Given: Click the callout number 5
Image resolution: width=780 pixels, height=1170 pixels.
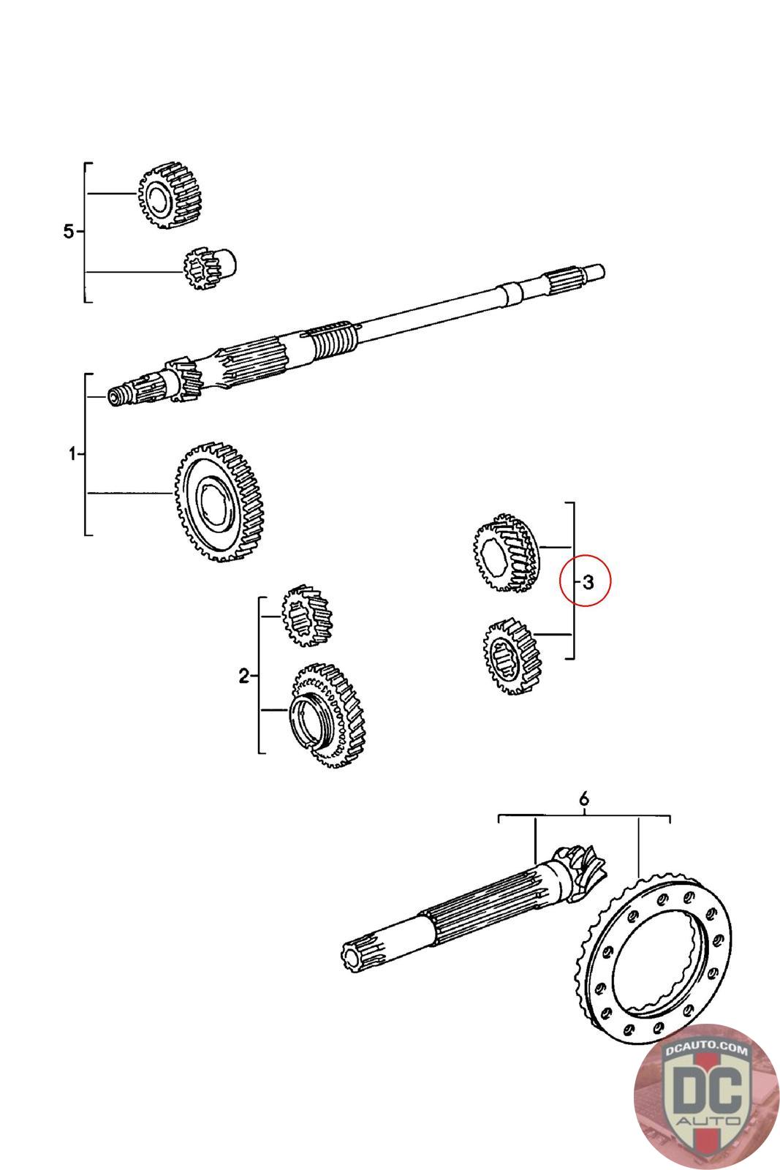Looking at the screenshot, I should [68, 232].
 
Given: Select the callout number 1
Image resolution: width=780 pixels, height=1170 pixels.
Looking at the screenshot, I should [72, 454].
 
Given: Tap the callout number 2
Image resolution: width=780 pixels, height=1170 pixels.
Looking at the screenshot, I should [243, 676].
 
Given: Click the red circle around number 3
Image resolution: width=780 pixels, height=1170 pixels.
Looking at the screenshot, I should [584, 581].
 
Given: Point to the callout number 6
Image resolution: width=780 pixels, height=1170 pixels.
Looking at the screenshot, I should [583, 799].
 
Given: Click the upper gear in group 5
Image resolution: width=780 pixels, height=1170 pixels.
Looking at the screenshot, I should [170, 195].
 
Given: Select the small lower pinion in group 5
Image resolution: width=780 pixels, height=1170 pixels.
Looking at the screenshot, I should [208, 268].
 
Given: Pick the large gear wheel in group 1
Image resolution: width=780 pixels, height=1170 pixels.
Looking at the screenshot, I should [219, 501].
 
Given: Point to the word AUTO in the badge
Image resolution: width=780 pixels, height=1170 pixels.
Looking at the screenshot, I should [706, 1120].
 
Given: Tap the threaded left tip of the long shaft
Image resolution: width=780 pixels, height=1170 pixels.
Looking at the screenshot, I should [117, 396].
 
